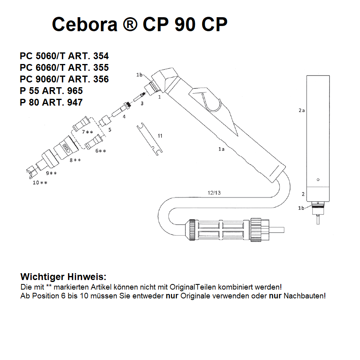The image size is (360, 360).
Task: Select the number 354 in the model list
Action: click(x=100, y=56)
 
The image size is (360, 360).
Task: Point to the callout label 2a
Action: click(x=302, y=110)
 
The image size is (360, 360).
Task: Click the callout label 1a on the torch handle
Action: click(x=221, y=149)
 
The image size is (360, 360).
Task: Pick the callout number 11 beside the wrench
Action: click(x=160, y=136)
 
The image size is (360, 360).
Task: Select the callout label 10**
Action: click(x=40, y=183)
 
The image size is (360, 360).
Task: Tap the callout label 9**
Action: click(x=51, y=173)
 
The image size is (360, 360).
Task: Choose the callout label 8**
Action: click(x=75, y=160)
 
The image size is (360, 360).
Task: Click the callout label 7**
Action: click(x=87, y=132)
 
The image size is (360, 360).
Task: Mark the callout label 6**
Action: click(x=100, y=151)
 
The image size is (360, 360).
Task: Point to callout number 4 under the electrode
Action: click(x=124, y=116)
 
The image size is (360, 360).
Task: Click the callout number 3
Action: click(x=141, y=103)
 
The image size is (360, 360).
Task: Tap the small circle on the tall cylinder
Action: click(x=318, y=179)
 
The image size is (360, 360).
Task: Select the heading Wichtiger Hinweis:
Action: click(x=64, y=277)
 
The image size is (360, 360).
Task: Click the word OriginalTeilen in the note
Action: click(x=194, y=287)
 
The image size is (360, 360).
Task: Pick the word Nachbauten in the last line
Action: click(x=304, y=296)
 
